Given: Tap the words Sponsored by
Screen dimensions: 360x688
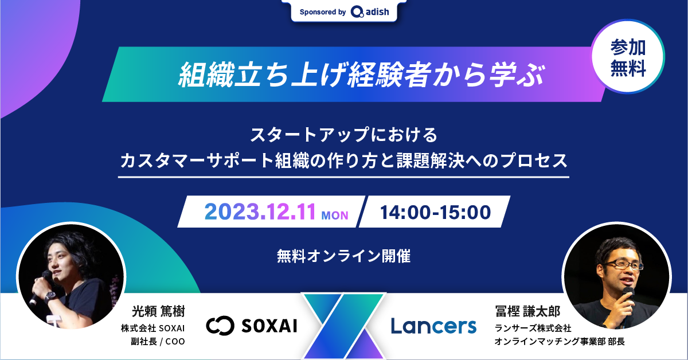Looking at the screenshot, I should click(x=323, y=11).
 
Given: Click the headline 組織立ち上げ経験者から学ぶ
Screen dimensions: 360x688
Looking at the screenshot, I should click(x=361, y=75).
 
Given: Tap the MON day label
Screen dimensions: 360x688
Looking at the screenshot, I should click(x=335, y=216).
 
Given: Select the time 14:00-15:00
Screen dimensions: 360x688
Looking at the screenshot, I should click(x=435, y=212).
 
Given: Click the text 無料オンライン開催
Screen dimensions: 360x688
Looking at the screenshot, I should click(x=343, y=256).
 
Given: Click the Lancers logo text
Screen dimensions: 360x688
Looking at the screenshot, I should click(x=433, y=326).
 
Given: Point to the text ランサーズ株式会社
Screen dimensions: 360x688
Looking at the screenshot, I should click(x=533, y=328).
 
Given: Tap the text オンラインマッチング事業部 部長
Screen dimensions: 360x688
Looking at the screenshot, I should click(x=559, y=342).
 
